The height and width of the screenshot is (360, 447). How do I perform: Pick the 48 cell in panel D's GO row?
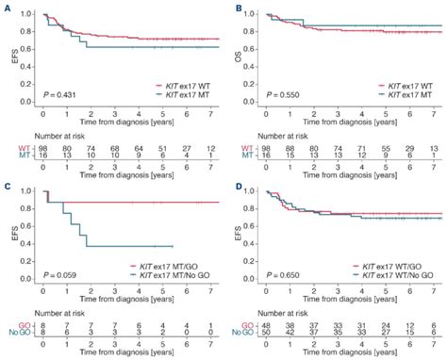click(x=269, y=324)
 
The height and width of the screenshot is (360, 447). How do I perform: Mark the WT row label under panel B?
click(x=246, y=147)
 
